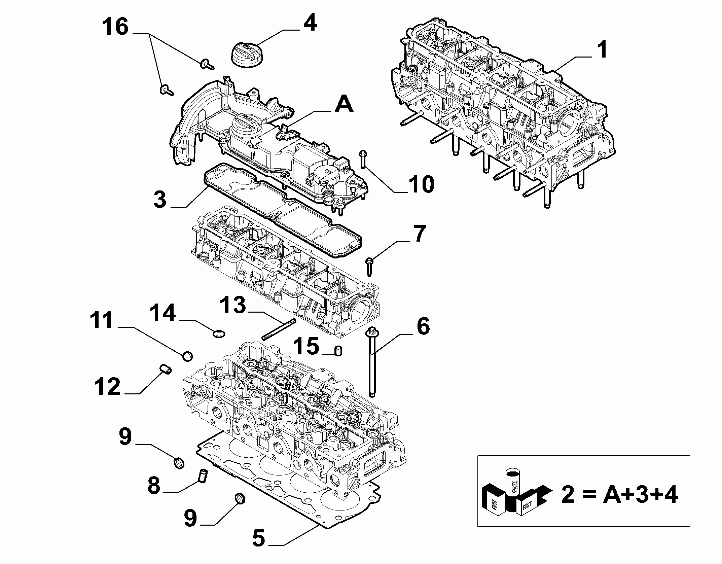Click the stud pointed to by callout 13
pos(279,329)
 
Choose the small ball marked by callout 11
pos(188,355)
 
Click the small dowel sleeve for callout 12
pos(166,369)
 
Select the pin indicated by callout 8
pos(203,476)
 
